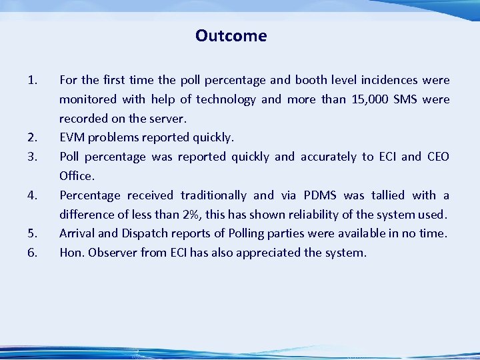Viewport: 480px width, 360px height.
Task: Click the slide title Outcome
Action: click(x=231, y=36)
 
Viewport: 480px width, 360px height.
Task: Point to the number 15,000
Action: click(x=368, y=100)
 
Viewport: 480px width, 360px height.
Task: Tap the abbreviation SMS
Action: click(x=407, y=100)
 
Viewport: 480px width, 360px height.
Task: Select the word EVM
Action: click(x=73, y=138)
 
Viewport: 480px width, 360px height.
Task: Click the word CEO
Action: click(x=437, y=157)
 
